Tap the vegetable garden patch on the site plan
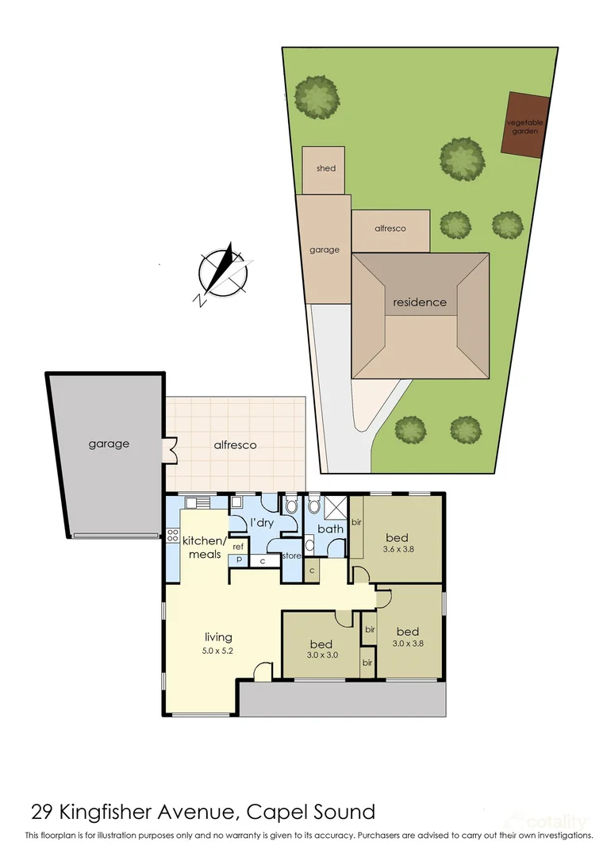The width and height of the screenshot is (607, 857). click(525, 125)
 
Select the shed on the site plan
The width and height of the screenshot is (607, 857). click(324, 170)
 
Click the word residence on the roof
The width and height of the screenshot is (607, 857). click(420, 302)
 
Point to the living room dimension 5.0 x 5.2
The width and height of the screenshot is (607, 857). click(218, 651)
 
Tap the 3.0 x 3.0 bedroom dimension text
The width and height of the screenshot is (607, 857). click(321, 655)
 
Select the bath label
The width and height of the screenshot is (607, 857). click(331, 529)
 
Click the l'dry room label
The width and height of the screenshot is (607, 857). click(262, 523)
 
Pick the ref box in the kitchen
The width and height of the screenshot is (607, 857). click(238, 547)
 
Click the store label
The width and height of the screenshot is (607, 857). click(291, 555)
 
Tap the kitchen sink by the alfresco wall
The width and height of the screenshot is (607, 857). click(198, 503)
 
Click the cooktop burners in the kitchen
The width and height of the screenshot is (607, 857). click(173, 535)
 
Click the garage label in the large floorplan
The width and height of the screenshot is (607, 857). click(109, 444)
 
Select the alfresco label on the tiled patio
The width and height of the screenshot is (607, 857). click(235, 445)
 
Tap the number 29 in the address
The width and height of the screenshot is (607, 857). click(41, 813)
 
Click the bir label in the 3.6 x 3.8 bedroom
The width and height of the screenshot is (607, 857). click(356, 522)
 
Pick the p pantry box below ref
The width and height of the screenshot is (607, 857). click(239, 559)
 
